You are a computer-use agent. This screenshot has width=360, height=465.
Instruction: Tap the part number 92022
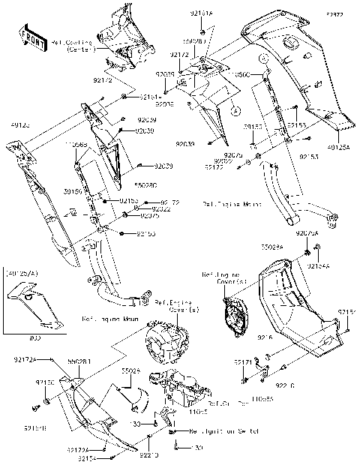pos(159,209)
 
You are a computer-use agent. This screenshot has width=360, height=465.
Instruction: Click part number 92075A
pos(307,233)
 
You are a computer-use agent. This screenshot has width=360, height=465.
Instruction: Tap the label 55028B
pos(79,361)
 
